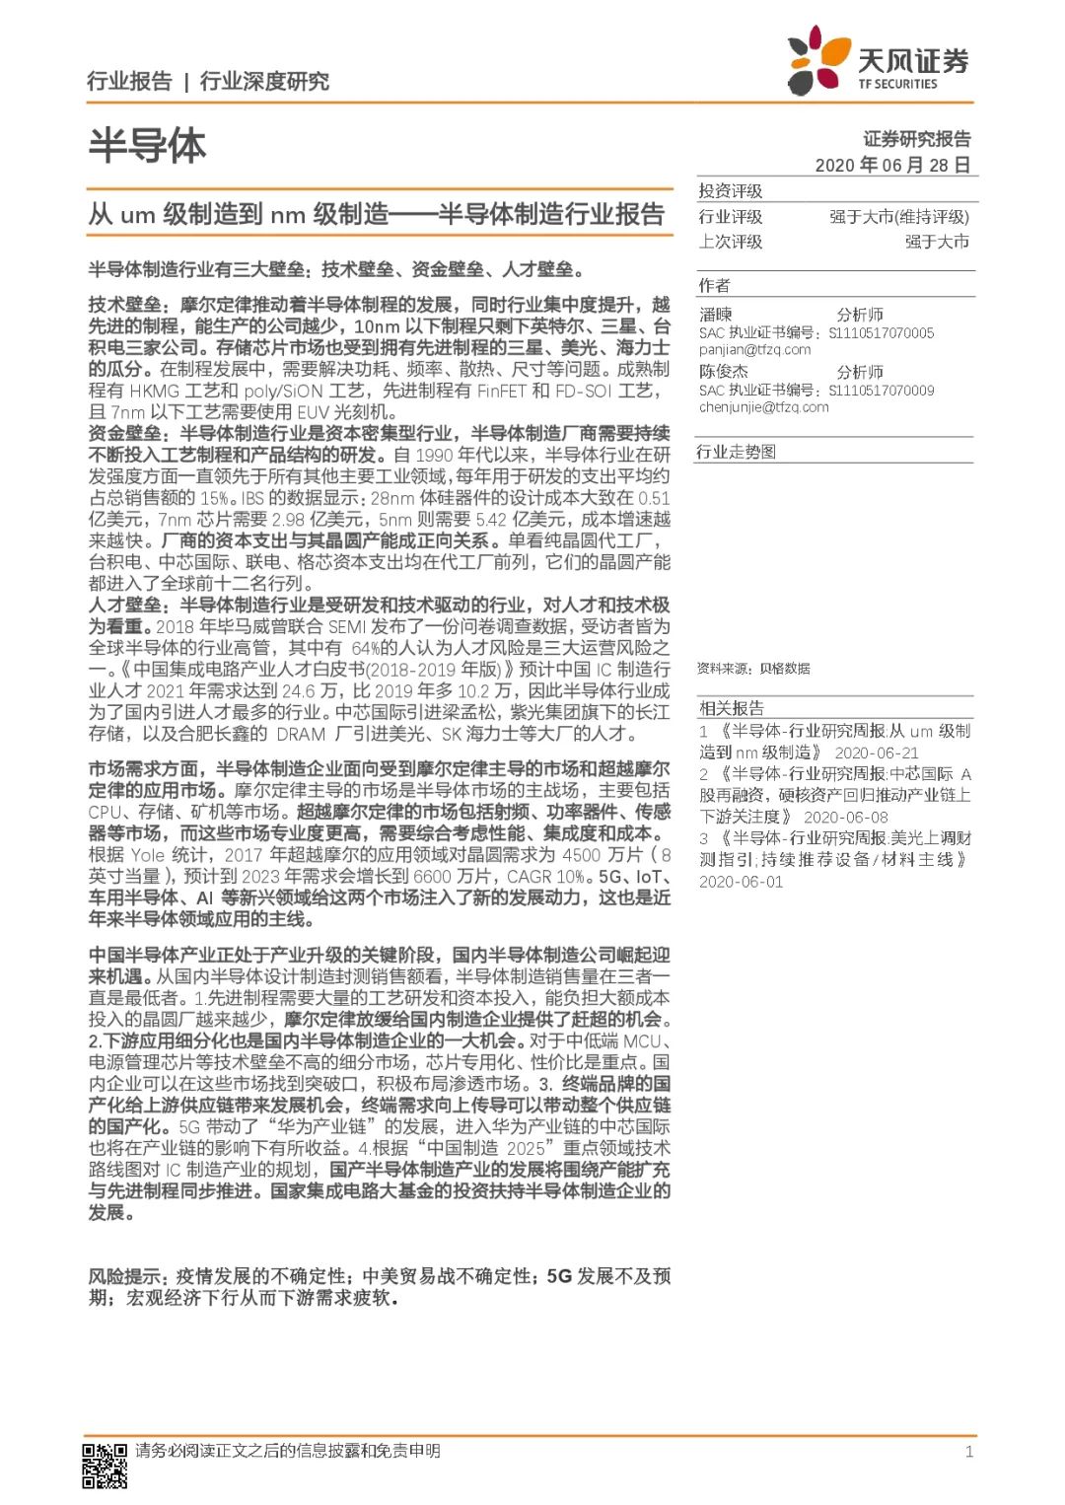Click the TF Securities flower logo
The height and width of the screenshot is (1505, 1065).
pos(817,59)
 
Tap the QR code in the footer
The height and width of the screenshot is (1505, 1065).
pos(104,1465)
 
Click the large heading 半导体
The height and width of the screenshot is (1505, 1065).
pos(147,145)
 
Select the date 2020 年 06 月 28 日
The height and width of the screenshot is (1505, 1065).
pos(892,165)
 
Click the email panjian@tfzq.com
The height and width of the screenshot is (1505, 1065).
pos(754,349)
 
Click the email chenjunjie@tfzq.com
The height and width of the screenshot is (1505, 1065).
pos(763,406)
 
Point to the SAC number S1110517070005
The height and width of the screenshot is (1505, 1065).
pos(881,333)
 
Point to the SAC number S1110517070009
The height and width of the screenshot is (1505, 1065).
pos(881,391)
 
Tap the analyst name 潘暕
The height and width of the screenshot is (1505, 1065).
pos(716,315)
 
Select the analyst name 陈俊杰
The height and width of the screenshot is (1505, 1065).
pos(724,372)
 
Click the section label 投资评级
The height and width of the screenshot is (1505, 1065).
pos(730,191)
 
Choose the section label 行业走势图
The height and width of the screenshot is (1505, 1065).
pos(737,452)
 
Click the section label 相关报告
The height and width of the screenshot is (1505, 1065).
pos(731,708)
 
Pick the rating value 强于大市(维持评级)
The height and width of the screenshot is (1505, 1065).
pos(898,217)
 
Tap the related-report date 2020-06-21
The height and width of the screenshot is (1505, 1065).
pos(877,752)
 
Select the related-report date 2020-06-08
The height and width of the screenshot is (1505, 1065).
pos(845,817)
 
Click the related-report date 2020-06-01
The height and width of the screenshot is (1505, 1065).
pos(741,882)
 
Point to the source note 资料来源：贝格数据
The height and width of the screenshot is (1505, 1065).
pos(753,669)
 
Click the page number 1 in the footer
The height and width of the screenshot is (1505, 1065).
pos(968,1451)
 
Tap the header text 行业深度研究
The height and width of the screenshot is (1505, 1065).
pos(264,81)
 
